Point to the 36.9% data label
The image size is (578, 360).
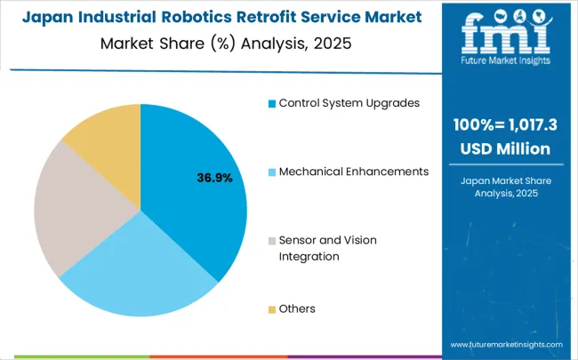click(x=214, y=179)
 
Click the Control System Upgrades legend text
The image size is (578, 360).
click(x=349, y=102)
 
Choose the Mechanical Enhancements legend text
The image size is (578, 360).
click(x=354, y=171)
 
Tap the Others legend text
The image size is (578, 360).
click(x=297, y=308)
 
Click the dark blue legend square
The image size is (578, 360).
click(x=271, y=103)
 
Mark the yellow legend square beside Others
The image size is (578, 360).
click(x=271, y=309)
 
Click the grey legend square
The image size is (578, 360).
click(x=271, y=241)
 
